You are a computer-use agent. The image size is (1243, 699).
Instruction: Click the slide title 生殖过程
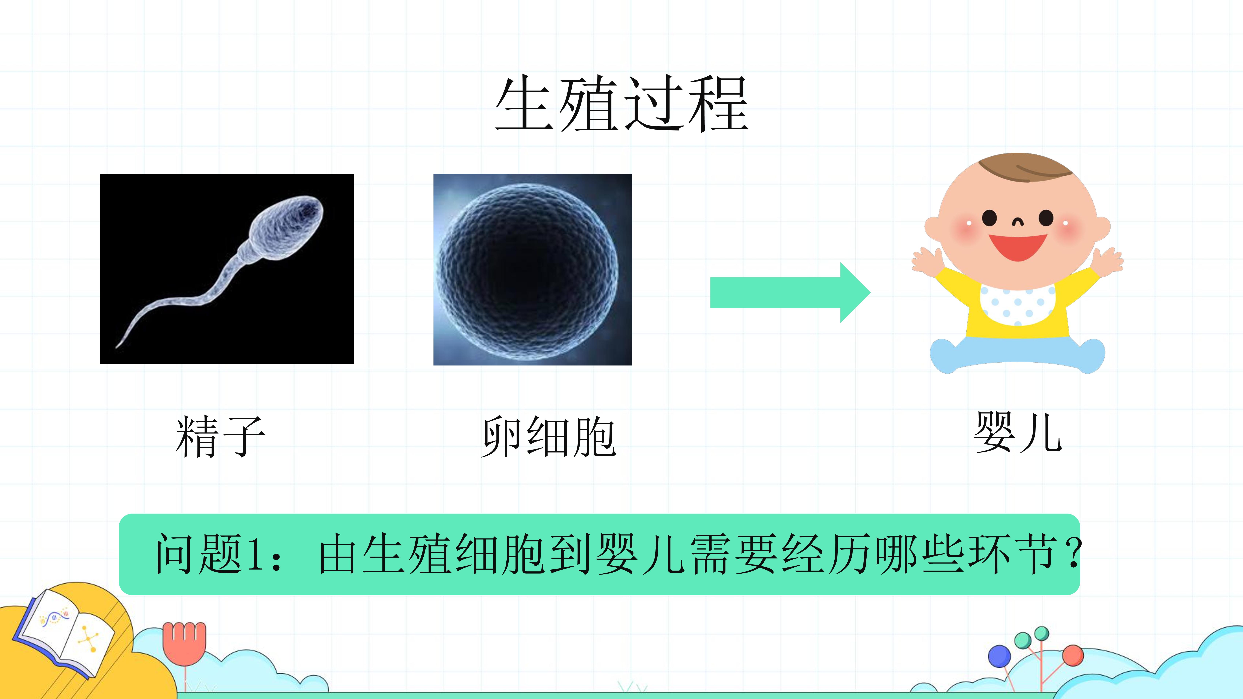[622, 104]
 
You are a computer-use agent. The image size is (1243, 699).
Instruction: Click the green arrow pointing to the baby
[790, 292]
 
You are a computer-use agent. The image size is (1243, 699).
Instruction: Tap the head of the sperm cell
[287, 227]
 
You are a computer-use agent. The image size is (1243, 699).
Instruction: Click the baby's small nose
[1018, 222]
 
